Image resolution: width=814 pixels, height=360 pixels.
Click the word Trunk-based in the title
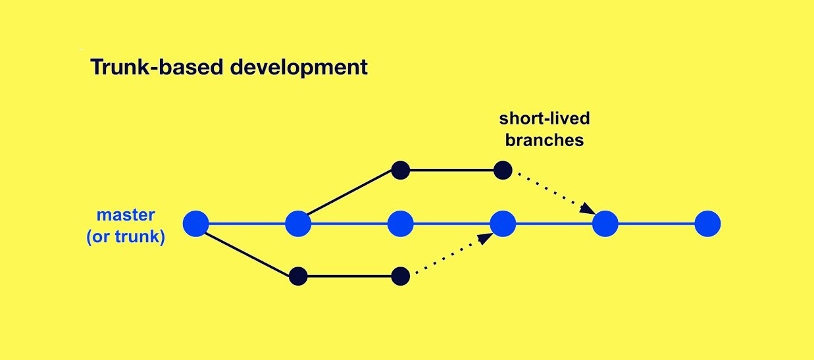click(x=157, y=67)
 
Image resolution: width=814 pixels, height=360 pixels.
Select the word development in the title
click(x=299, y=68)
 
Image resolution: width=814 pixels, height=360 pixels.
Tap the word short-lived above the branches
click(x=544, y=118)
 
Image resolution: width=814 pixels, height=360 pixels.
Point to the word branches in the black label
click(x=544, y=140)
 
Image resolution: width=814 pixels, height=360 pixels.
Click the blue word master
click(x=126, y=215)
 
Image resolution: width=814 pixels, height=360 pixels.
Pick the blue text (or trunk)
click(x=126, y=237)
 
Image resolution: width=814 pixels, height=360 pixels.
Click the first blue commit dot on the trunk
click(x=196, y=224)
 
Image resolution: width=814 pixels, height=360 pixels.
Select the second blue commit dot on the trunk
click(x=298, y=224)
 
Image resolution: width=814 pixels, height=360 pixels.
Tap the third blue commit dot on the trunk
click(x=401, y=224)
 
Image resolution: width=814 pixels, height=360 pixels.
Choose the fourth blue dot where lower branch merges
click(x=503, y=224)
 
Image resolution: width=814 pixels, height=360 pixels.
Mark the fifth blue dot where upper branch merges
click(x=605, y=224)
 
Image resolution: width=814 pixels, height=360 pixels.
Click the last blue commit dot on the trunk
click(x=707, y=224)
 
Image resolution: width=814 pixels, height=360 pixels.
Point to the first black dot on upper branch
click(x=401, y=170)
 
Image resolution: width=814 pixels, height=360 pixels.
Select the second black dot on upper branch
click(x=503, y=170)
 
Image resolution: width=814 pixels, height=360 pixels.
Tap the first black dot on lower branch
click(x=298, y=276)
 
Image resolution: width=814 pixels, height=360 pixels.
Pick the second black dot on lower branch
click(x=401, y=276)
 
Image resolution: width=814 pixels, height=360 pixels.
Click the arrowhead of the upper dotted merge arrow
click(x=587, y=209)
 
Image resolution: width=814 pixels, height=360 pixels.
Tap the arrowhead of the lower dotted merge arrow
click(x=486, y=238)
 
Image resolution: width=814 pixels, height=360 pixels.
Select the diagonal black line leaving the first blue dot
click(x=247, y=254)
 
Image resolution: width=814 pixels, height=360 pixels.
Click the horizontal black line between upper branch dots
click(x=451, y=170)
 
